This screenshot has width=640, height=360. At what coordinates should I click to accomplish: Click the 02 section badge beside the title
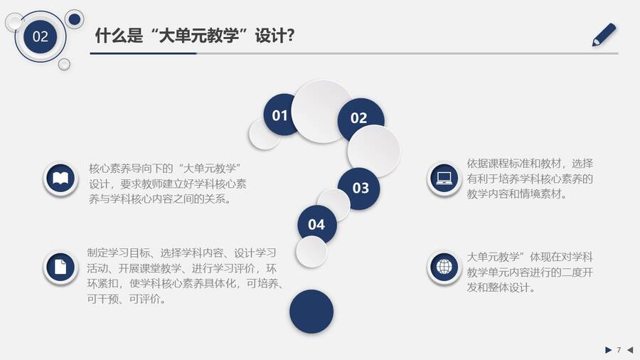40,36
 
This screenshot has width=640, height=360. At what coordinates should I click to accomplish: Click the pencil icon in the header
604,34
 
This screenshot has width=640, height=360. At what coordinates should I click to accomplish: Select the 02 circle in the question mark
359,117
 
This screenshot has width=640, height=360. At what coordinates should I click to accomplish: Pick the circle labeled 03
360,188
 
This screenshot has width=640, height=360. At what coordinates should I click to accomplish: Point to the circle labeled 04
316,224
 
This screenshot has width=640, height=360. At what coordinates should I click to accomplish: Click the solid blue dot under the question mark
311,312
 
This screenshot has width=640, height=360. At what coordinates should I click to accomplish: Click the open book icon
60,179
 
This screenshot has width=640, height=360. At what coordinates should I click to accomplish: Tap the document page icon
60,268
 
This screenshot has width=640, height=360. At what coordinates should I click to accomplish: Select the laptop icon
444,179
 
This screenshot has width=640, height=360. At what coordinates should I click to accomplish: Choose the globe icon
444,268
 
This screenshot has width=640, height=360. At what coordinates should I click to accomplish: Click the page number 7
619,350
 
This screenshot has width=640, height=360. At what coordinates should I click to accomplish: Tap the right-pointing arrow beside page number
608,350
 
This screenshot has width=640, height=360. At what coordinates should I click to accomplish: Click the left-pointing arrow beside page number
630,350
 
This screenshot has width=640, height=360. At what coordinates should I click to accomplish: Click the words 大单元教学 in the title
198,36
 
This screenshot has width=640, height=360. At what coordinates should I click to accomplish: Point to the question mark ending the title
290,36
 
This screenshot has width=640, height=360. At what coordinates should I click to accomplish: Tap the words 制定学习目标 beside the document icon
118,253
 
